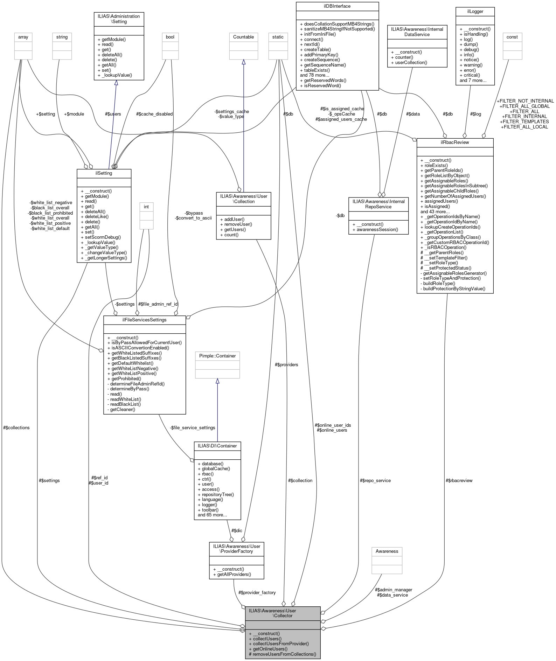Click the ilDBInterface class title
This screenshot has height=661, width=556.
pos(337,6)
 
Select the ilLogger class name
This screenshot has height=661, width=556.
pos(475,11)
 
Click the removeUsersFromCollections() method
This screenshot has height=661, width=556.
pos(282,654)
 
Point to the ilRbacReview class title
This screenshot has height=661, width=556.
pos(455,142)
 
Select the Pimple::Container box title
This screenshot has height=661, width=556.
pos(217,356)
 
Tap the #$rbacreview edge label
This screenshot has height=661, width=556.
pos(459,480)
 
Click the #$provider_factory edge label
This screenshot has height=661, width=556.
pos(257,592)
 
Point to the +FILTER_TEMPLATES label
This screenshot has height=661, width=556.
pos(524,121)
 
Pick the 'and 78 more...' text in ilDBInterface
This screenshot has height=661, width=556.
pos(314,75)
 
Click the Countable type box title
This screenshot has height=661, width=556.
pos(243,37)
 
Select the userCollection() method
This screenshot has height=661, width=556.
pos(409,62)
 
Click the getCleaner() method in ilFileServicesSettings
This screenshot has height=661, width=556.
pos(121,409)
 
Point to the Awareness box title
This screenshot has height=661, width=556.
pos(387,551)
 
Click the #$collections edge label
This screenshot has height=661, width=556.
pos(16,427)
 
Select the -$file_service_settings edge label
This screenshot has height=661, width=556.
pos(192,427)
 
